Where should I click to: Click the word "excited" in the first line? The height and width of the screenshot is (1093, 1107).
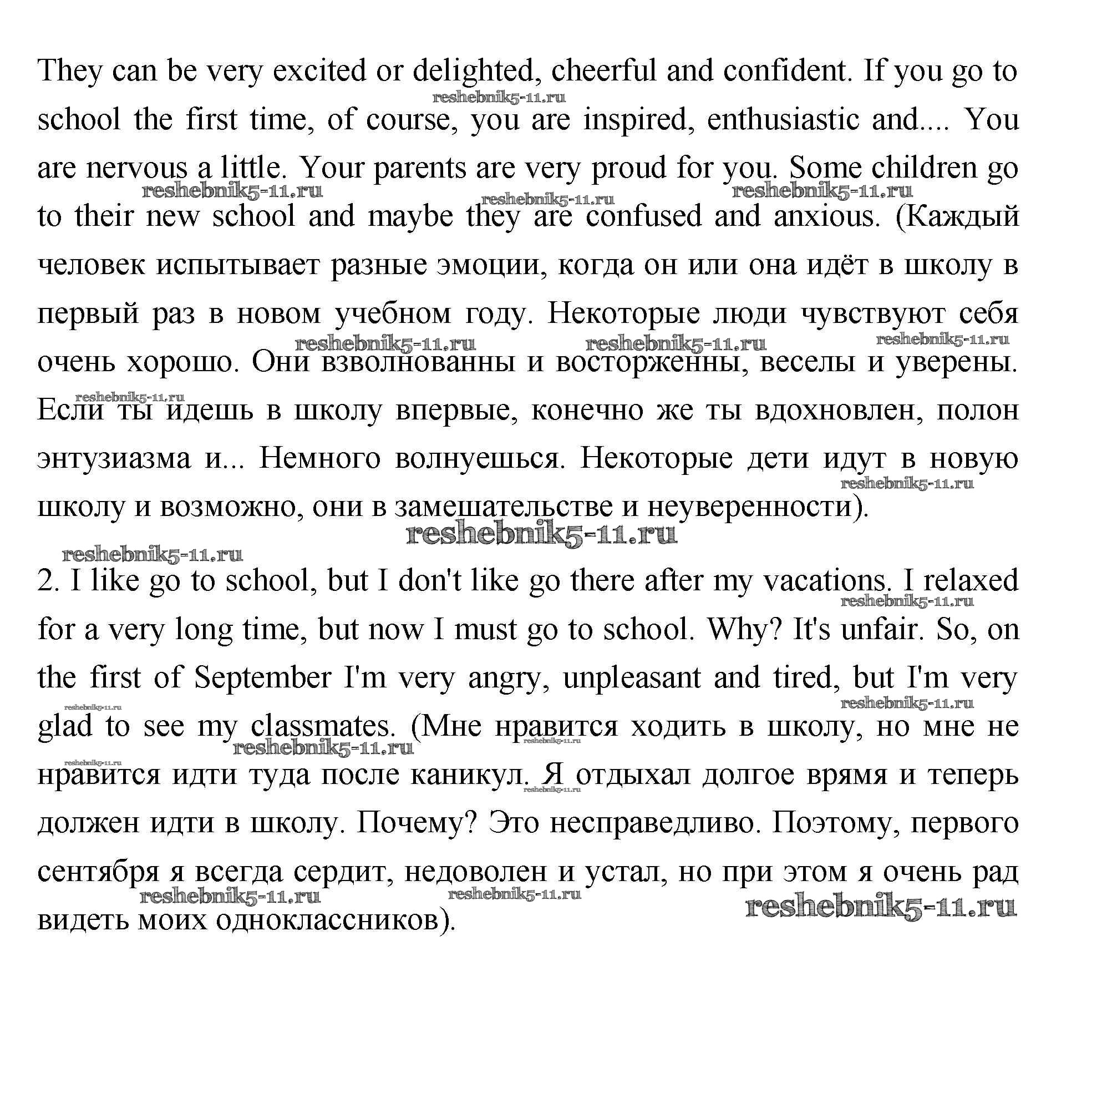(318, 71)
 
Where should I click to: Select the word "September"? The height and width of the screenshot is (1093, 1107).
(263, 677)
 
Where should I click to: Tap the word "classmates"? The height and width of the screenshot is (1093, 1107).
(323, 726)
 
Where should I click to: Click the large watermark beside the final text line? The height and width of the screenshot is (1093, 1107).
(881, 907)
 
